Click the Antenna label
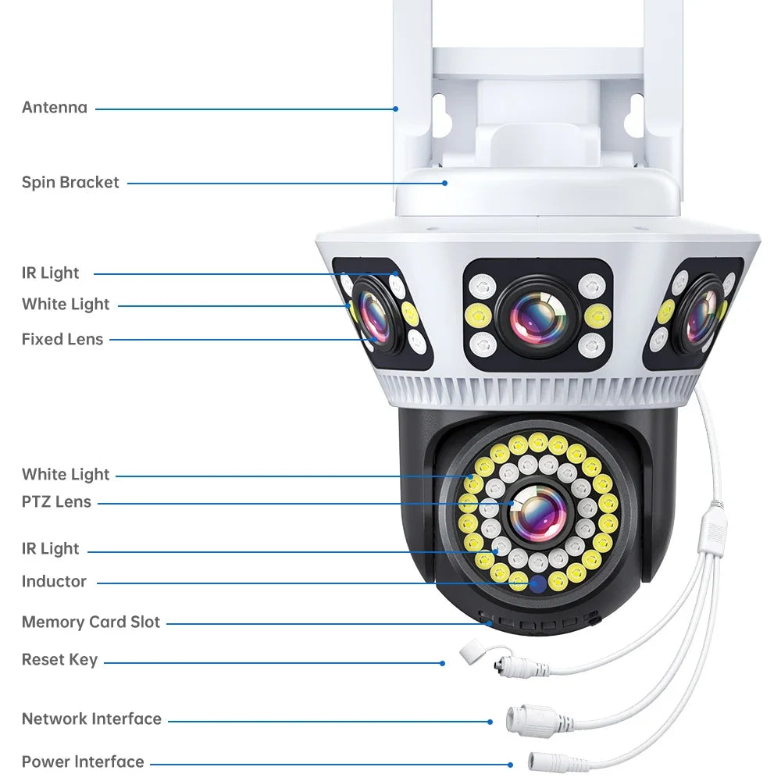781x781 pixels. tap(55, 108)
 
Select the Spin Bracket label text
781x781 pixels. tap(70, 183)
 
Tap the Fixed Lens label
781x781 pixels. tap(62, 339)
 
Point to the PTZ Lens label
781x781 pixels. tap(56, 502)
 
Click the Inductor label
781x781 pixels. tap(54, 582)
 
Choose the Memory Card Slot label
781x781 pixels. tap(91, 622)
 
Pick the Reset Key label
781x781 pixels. tap(59, 660)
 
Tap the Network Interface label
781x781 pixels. tap(91, 719)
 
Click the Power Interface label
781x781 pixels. tap(83, 762)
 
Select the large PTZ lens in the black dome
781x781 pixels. tap(538, 513)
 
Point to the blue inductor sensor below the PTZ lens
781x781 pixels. tap(537, 584)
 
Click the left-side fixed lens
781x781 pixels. tap(373, 316)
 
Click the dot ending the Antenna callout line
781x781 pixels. tap(397, 109)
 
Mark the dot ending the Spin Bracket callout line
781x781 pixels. tap(445, 184)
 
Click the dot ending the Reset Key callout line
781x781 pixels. tap(442, 663)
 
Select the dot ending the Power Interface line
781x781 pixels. tap(510, 765)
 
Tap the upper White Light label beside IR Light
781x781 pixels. tap(66, 305)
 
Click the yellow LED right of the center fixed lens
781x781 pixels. tap(597, 315)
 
